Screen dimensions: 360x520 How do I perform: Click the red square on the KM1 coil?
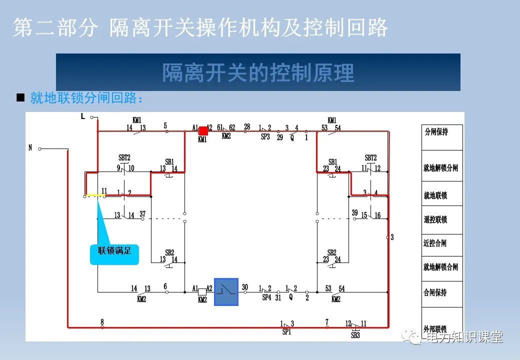coord(203,131)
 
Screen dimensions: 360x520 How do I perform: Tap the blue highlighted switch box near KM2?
coord(226,291)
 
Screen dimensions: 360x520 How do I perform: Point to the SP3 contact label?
coord(265,136)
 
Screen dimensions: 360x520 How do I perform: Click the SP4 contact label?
coord(266,297)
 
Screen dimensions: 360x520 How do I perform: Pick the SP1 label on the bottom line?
coord(286,331)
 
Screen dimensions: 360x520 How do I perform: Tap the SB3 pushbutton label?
coord(355,335)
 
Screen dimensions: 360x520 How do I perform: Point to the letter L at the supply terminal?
coord(83,116)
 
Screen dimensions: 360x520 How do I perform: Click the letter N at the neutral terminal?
coord(30,148)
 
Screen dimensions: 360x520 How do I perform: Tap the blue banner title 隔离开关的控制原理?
coord(258,72)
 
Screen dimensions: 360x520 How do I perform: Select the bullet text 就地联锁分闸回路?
coord(86,98)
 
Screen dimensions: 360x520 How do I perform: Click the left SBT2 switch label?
coord(124,157)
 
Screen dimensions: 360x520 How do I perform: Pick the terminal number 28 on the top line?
coord(247,126)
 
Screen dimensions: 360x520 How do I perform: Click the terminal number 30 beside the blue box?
coord(245,287)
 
